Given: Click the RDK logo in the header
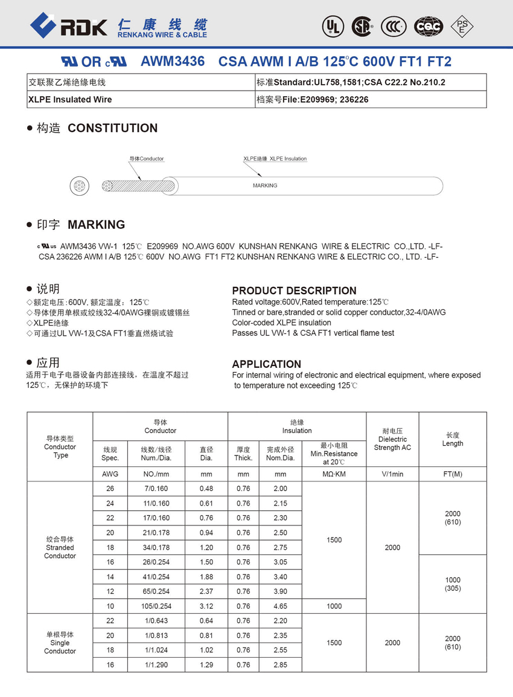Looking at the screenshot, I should (x=68, y=26).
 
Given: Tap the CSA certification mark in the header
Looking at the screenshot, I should (x=362, y=26).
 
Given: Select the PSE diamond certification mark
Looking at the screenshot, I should (x=462, y=26).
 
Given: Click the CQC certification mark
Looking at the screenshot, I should (x=429, y=26).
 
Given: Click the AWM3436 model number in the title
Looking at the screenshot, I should (x=172, y=62).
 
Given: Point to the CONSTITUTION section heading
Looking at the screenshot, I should (x=112, y=128).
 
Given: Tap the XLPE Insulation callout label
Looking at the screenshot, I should (x=275, y=159).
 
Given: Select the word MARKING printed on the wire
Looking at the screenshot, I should (x=265, y=185).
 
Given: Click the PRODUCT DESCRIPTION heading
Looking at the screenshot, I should (x=294, y=291).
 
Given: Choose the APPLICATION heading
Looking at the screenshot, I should (x=266, y=364).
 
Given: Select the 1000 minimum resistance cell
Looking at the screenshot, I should (x=334, y=606).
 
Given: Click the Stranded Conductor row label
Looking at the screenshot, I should (x=60, y=547).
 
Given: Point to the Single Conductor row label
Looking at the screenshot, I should (x=60, y=643).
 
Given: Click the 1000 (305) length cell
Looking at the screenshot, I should (x=453, y=583).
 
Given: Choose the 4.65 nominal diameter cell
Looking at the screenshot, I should (x=280, y=606).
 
